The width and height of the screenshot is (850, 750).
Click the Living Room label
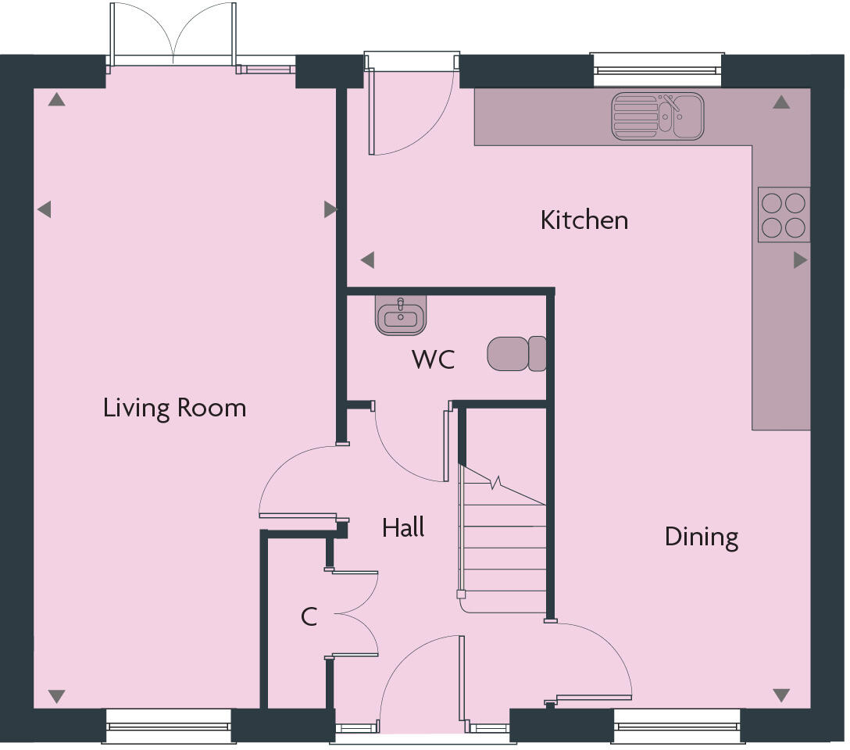point(174,408)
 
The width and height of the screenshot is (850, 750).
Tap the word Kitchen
point(584,220)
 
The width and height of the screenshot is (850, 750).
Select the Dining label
point(701,537)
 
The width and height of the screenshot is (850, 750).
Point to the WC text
point(433,360)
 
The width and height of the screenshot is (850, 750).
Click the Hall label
point(403,528)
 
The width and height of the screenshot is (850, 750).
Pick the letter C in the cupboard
point(309,617)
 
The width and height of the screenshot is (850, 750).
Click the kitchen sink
point(657,116)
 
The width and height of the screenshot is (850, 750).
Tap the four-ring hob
point(783,215)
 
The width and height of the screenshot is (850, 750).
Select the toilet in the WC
point(516,354)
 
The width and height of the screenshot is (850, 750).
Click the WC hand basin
point(401,316)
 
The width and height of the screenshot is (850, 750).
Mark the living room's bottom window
point(169,727)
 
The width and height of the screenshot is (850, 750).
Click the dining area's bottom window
point(677,727)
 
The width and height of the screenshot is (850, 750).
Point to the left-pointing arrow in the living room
point(45,209)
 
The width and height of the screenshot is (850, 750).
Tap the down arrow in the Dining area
point(781,695)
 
